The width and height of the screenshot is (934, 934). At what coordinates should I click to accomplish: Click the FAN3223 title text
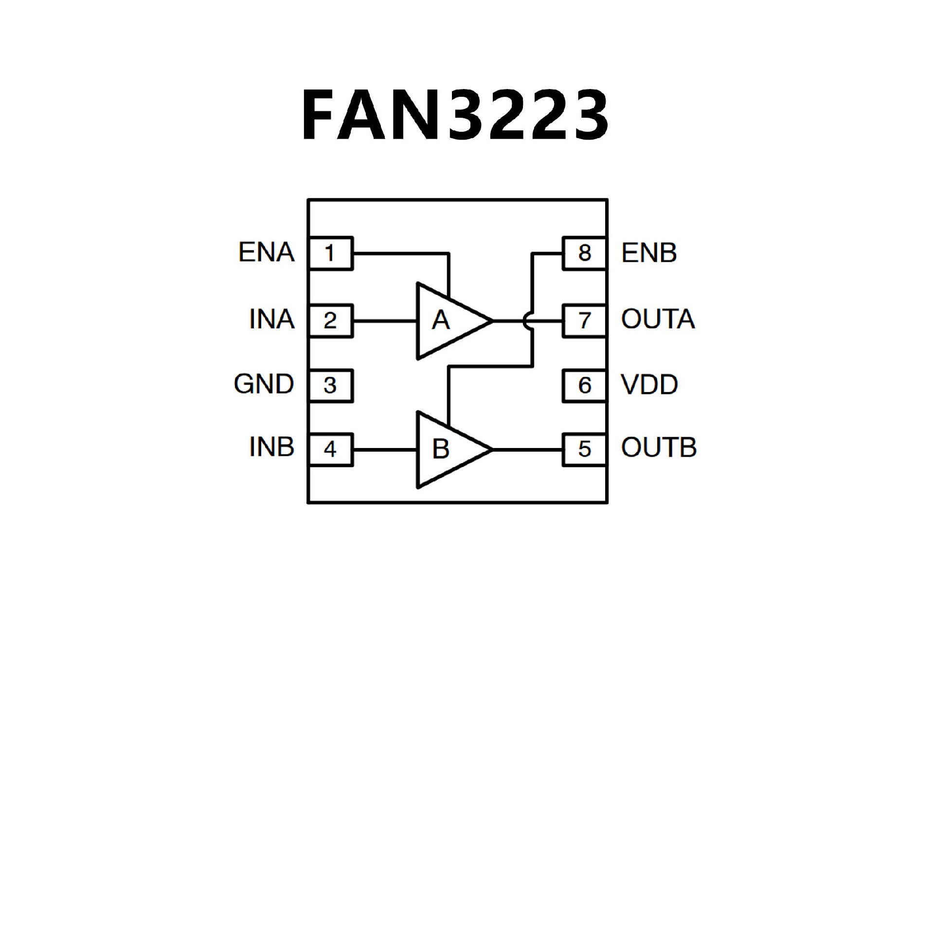tap(455, 115)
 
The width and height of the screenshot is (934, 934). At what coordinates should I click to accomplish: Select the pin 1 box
tap(330, 253)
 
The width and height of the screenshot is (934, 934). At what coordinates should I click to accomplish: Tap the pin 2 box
tap(330, 321)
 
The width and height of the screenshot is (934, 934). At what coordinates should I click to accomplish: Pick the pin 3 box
tap(330, 385)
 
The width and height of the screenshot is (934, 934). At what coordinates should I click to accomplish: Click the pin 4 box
tap(330, 449)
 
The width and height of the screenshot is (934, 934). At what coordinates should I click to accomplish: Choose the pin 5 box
tap(584, 449)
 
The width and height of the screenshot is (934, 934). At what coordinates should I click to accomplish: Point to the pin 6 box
tap(584, 385)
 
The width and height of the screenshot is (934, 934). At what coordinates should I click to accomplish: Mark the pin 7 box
tap(584, 321)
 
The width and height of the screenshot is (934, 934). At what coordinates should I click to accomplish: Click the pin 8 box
tap(584, 253)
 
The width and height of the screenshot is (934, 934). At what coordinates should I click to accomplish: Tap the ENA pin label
tap(266, 252)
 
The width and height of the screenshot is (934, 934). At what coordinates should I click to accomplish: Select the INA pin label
tap(271, 320)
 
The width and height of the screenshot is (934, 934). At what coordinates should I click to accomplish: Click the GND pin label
tap(264, 384)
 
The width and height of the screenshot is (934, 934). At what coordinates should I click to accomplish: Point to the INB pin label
tap(271, 447)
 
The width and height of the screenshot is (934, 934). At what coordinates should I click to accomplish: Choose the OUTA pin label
tap(658, 319)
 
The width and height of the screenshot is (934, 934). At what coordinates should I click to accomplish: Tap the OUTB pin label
tap(659, 448)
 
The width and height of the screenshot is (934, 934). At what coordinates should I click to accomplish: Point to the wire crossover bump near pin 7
tap(528, 321)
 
